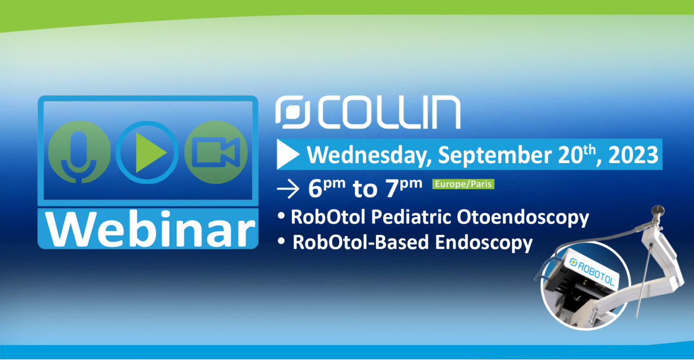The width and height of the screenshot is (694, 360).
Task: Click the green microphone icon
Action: tap(79, 152)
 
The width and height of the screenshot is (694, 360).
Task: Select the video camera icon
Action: tap(216, 152)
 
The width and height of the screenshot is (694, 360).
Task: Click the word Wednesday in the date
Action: tap(369, 155)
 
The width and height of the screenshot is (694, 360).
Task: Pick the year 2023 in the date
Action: tap(633, 155)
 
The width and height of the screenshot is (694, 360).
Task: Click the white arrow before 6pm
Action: tap(288, 189)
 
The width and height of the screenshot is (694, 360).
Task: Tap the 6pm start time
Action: tap(327, 188)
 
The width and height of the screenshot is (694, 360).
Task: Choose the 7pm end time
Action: tap(404, 188)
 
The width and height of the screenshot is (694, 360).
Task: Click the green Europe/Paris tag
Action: tap(463, 184)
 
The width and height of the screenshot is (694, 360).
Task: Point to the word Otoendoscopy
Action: tap(523, 218)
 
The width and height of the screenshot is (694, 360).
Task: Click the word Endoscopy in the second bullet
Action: tap(483, 243)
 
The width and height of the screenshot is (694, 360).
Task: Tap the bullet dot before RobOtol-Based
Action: tap(281, 242)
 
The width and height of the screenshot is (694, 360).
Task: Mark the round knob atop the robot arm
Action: tap(658, 210)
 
